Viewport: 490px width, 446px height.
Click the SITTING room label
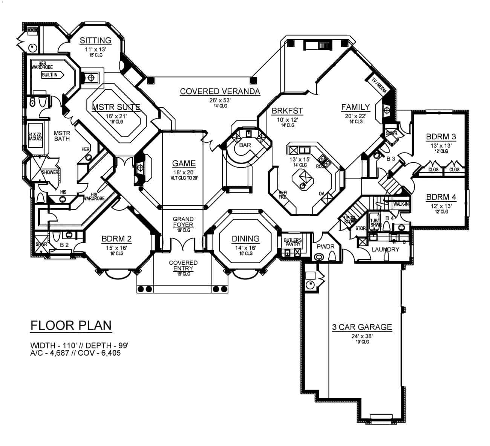point(95,40)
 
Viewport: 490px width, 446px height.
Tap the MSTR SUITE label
point(116,107)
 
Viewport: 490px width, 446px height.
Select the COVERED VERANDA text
point(220,91)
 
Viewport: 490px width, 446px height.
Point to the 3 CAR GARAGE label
point(362,327)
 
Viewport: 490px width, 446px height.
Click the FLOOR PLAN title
point(71,325)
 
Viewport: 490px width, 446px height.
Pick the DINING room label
point(245,238)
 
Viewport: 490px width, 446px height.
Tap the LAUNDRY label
point(385,249)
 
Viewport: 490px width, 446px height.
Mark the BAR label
point(245,145)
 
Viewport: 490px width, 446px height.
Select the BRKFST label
point(287,110)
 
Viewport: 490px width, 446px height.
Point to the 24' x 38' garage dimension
point(362,336)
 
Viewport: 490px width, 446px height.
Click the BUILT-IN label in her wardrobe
point(50,75)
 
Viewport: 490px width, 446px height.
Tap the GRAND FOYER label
point(183,222)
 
